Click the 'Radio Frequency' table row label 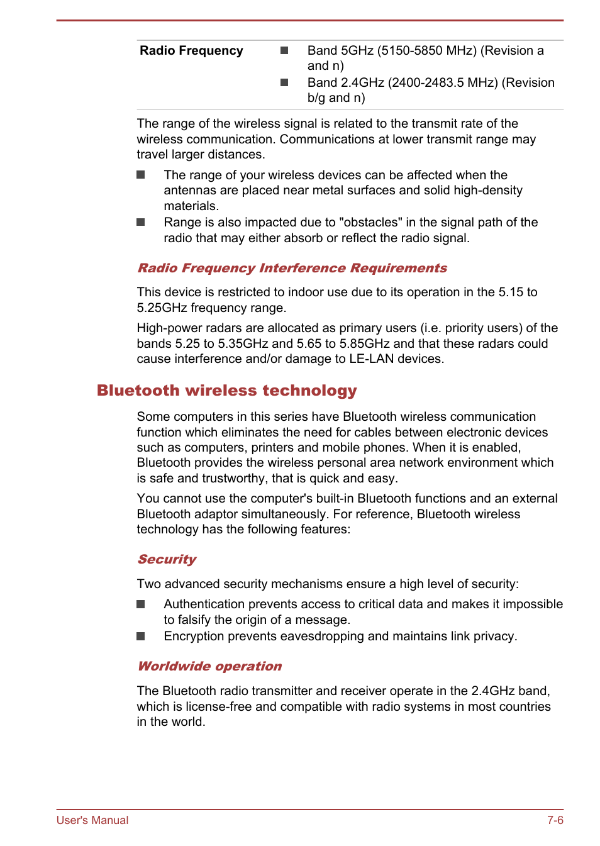[191, 51]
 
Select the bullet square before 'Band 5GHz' [284, 50]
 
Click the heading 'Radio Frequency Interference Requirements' [292, 269]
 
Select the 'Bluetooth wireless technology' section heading [226, 391]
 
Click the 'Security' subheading [167, 560]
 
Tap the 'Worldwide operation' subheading [209, 667]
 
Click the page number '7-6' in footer [555, 820]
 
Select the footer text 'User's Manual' [92, 820]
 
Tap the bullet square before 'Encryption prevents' [141, 637]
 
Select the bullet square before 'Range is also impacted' [141, 223]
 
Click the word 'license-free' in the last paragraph [218, 707]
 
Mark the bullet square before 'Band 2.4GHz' [284, 82]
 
